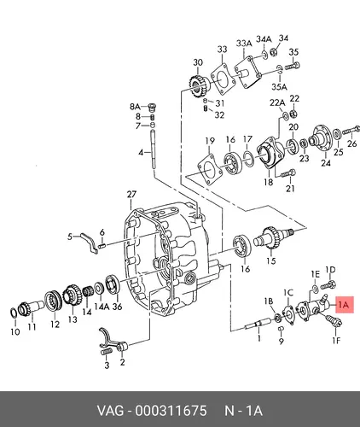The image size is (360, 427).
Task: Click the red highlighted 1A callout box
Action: point(345,305)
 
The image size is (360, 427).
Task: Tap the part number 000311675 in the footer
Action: point(171,411)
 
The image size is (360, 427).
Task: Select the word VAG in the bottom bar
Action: point(111,411)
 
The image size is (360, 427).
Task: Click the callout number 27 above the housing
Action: point(131,195)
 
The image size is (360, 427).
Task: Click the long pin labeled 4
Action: point(154,149)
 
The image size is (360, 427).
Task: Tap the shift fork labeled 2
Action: point(113,340)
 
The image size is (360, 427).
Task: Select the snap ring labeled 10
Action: point(14,313)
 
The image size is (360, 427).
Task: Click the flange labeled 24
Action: point(322,139)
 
